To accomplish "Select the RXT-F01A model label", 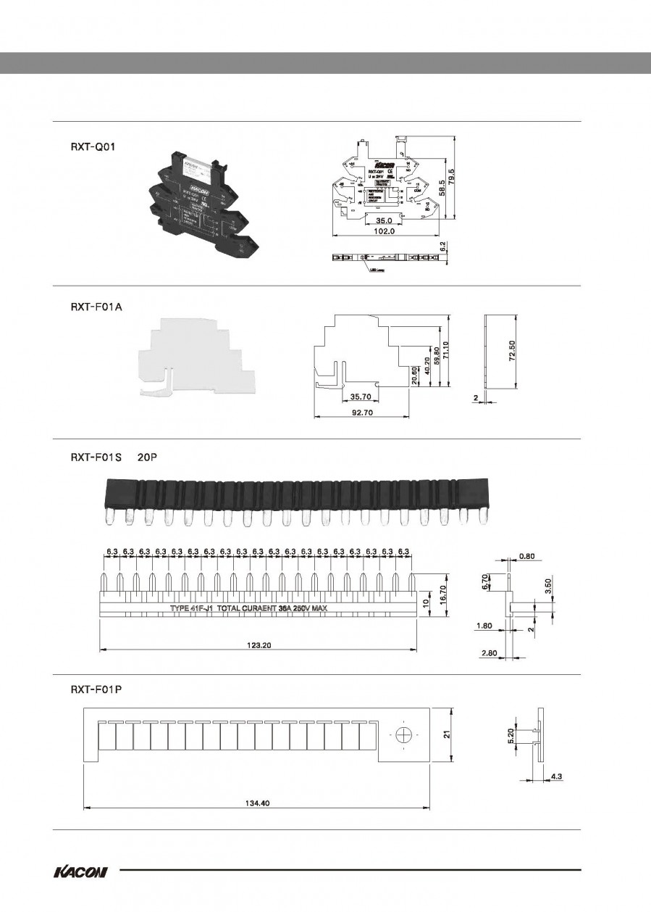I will tap(96, 307).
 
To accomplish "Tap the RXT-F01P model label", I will tap(96, 689).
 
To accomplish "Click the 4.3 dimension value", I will tap(557, 776).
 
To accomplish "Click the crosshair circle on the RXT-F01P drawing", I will tap(403, 735).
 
